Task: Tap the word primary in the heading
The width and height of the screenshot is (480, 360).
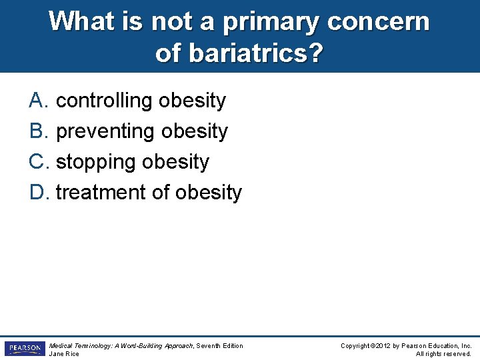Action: coord(271,21)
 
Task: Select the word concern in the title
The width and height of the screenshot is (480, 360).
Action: coord(378,21)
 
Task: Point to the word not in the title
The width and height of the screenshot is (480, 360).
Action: coord(171,21)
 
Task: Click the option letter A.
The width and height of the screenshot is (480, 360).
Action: coord(37,101)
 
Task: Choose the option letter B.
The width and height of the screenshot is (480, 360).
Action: coord(37,131)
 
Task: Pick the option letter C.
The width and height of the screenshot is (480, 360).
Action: coord(37,162)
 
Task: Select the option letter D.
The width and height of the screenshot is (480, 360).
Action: coord(37,193)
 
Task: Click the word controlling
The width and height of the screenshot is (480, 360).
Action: coord(104,101)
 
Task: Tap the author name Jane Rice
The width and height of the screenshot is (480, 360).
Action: coord(64,354)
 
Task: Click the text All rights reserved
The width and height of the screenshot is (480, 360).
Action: coord(443,354)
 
